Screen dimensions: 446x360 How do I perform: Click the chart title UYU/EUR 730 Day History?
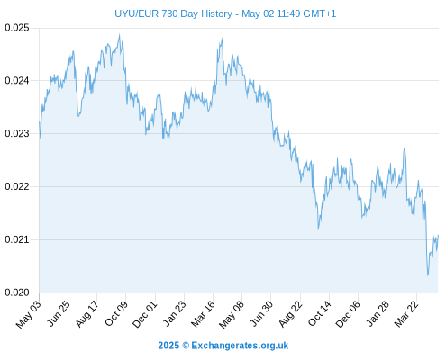pos(173,13)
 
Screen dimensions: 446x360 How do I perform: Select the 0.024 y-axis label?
pos(17,81)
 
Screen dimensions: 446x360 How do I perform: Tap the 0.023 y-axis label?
pos(17,133)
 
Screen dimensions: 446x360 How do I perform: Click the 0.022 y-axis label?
pos(17,186)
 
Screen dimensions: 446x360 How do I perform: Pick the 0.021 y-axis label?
pos(17,239)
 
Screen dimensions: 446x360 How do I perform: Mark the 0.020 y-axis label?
pos(17,292)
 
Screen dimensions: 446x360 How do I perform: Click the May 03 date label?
pos(28,314)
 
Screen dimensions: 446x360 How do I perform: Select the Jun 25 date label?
pos(59,313)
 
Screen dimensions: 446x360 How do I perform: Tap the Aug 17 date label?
pos(86,314)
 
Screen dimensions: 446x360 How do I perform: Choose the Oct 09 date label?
pos(116,313)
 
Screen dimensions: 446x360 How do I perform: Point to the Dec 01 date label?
pos(144,314)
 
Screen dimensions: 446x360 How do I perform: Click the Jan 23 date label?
pos(174,313)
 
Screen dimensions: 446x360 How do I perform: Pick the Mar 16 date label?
pos(203,314)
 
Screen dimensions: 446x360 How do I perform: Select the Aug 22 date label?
pos(290,314)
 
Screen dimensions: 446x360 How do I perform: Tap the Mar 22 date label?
pos(406,314)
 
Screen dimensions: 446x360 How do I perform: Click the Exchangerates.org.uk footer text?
pos(240,346)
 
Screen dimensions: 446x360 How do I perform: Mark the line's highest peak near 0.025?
pos(120,34)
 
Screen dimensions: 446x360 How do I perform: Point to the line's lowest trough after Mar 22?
pos(428,275)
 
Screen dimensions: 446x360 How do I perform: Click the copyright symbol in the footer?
pos(186,346)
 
